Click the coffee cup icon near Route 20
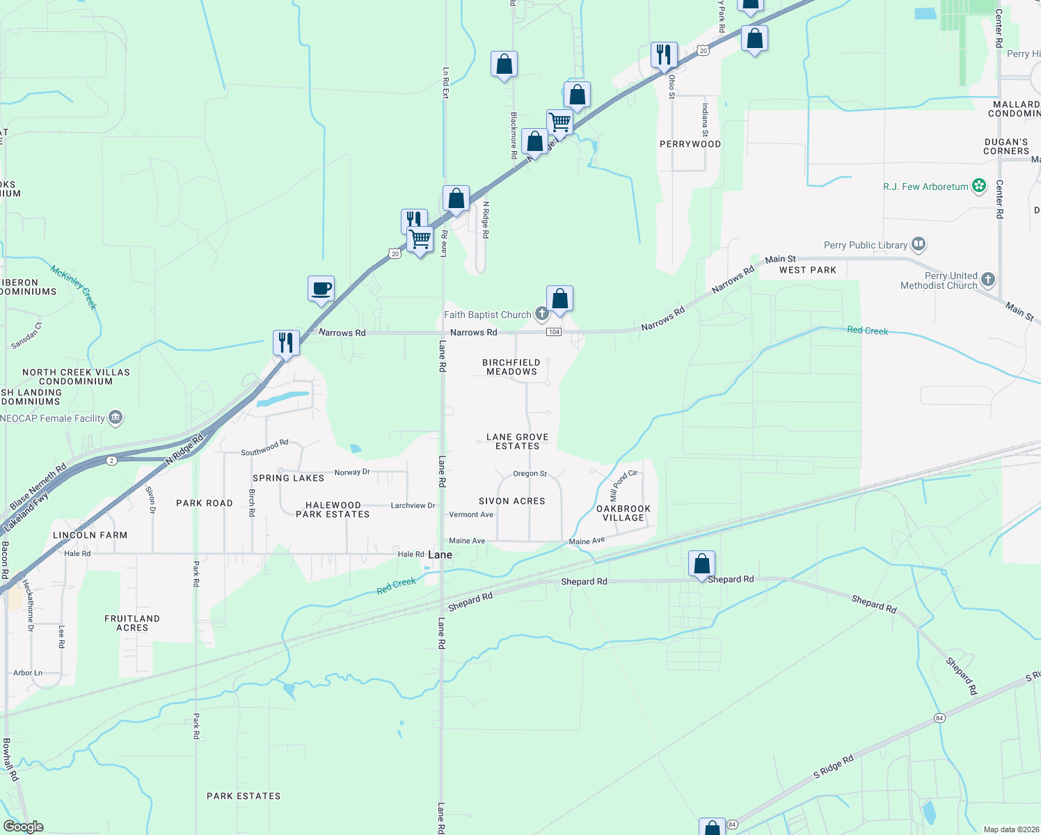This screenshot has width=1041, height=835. click(x=321, y=289)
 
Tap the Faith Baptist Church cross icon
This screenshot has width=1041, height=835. click(x=541, y=315)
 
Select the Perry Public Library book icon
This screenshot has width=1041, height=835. click(x=919, y=244)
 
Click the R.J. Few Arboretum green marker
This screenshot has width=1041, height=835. click(x=979, y=186)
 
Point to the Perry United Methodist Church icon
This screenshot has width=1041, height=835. click(x=987, y=280)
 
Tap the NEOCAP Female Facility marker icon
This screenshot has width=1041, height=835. click(x=116, y=417)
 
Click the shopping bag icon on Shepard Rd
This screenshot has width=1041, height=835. click(x=701, y=564)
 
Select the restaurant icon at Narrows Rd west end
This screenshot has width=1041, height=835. click(x=285, y=342)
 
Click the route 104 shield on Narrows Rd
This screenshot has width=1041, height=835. click(x=554, y=332)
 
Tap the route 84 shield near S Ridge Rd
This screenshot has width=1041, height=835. click(x=939, y=718)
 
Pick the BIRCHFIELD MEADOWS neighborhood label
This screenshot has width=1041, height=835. click(x=511, y=367)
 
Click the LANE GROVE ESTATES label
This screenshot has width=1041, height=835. click(x=517, y=442)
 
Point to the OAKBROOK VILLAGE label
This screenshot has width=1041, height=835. click(x=623, y=514)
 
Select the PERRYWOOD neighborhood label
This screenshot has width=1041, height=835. click(x=690, y=144)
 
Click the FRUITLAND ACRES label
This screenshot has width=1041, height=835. click(x=132, y=623)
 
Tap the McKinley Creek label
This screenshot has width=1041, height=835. click(x=74, y=286)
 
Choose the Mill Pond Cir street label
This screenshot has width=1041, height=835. click(x=623, y=485)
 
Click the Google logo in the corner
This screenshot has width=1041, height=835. click(x=23, y=827)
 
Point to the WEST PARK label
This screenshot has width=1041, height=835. click(x=807, y=270)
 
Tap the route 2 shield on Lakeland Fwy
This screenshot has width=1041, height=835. click(x=111, y=461)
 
